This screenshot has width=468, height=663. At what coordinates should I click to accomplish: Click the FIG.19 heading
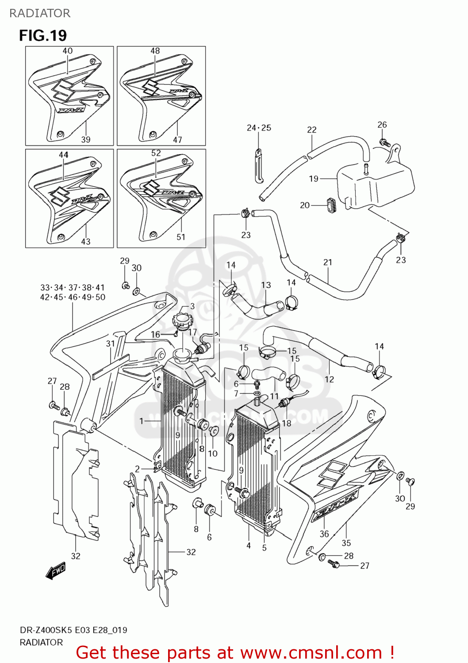coord(43,35)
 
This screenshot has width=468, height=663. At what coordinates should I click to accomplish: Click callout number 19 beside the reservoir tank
coord(314,179)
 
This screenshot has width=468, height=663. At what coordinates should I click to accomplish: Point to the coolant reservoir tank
coord(376,182)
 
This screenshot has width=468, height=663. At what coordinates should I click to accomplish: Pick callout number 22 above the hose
coord(312,130)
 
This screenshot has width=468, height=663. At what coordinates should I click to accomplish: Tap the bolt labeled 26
coord(384,142)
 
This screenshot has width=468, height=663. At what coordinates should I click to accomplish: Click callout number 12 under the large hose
coord(329,379)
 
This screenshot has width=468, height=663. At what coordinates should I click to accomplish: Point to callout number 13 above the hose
coord(266,285)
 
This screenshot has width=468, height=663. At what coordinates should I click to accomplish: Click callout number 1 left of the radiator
coord(142,421)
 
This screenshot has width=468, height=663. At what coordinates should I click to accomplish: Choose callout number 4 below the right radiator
coord(249,545)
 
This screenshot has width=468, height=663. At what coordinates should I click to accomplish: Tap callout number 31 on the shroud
coord(111,343)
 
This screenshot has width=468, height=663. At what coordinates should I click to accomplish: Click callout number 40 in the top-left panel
coord(68,51)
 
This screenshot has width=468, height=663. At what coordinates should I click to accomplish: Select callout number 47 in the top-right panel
coord(177,140)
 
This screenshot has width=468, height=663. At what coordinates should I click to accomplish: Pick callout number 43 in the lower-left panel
coord(86,241)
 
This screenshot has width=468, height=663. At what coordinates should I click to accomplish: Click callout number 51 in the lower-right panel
coord(181,237)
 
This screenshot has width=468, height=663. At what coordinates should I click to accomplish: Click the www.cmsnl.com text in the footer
coord(311,652)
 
